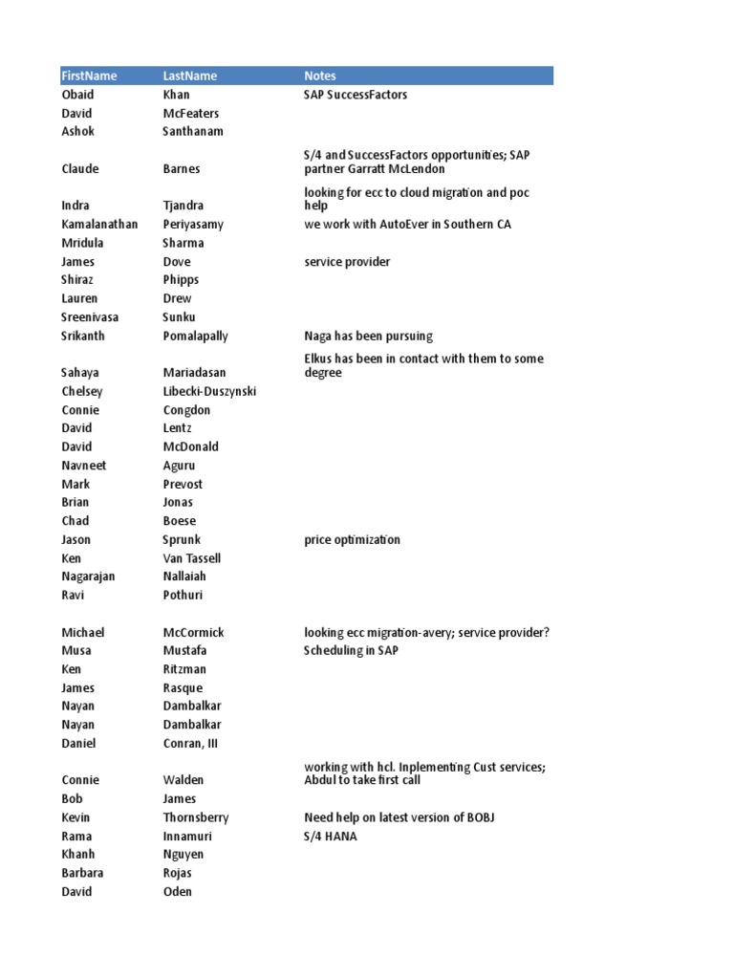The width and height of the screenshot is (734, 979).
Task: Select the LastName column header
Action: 190,76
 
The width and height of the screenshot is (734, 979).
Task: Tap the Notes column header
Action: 320,76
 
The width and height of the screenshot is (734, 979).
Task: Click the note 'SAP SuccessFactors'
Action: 356,95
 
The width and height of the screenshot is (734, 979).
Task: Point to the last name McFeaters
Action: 190,113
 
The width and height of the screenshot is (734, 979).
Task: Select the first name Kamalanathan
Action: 99,224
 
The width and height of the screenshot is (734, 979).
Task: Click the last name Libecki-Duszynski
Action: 209,391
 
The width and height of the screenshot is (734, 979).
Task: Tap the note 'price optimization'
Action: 352,539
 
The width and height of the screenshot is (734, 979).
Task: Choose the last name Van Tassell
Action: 192,558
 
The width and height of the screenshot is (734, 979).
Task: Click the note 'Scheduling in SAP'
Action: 351,651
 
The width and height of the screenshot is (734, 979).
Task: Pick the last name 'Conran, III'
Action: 190,744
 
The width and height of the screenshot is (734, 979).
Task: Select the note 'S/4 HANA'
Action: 331,836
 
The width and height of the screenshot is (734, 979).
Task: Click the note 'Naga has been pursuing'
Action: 368,336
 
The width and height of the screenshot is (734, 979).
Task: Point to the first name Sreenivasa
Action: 90,316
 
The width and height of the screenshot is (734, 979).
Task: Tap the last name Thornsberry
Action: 196,817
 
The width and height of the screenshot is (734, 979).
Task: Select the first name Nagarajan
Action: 89,577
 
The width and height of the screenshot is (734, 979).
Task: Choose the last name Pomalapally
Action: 195,336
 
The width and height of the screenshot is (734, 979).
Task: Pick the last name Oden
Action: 178,891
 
